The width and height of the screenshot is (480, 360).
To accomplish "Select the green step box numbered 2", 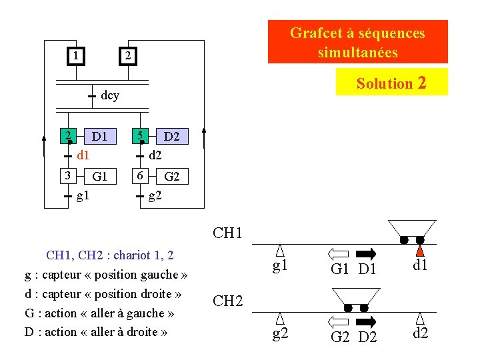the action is (68, 137).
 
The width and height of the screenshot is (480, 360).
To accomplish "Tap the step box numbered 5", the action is (140, 137).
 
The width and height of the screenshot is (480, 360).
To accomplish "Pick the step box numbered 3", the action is (67, 176).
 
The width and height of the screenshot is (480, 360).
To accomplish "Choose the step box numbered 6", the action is (139, 176).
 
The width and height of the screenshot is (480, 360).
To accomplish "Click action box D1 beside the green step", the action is (100, 137).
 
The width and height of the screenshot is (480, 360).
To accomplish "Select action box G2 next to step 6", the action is (171, 177).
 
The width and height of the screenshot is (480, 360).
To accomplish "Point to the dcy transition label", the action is (110, 95).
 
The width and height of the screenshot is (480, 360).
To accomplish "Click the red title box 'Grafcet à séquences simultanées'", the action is (357, 42).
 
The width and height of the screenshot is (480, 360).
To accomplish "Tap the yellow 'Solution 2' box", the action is (391, 83).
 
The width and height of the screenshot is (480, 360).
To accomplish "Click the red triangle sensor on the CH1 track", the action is (420, 251).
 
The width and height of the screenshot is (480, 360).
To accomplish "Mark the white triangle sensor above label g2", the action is (281, 319).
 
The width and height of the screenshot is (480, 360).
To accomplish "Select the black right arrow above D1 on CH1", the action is (367, 253).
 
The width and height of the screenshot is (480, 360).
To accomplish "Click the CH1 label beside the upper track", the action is (227, 233).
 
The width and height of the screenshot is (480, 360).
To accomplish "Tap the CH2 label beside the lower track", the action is (227, 301).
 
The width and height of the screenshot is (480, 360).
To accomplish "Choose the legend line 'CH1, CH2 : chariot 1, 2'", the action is (109, 255).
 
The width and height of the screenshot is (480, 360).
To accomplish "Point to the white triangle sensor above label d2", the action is (421, 319).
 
